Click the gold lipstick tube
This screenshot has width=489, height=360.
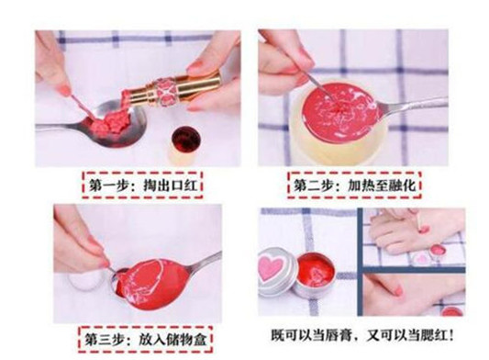173,90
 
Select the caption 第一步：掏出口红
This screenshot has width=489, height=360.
142,186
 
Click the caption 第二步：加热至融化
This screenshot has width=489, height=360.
354,186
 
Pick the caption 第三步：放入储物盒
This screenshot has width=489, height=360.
145,340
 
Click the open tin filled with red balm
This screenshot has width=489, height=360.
316,276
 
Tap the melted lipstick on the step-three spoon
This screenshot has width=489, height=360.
153,284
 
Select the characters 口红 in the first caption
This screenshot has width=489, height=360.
183,186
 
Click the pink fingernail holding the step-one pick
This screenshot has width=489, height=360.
64,91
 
